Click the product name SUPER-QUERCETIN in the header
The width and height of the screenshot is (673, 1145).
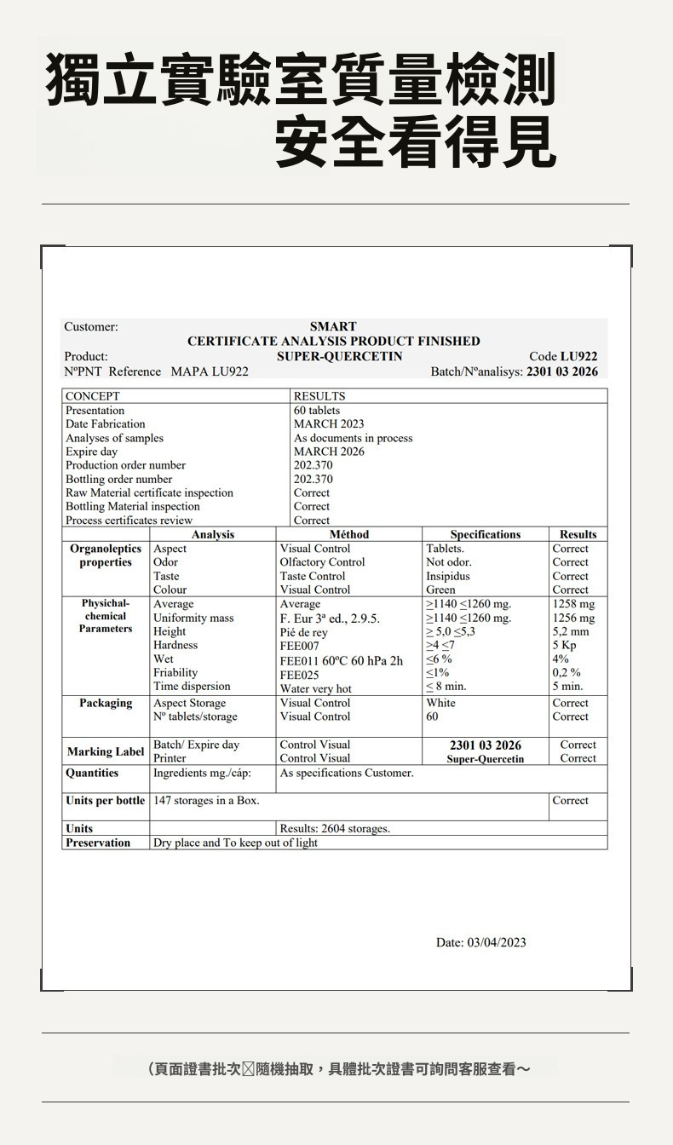(x=339, y=356)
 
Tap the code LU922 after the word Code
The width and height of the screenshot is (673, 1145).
(x=578, y=356)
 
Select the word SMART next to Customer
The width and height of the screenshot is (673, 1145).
(x=333, y=327)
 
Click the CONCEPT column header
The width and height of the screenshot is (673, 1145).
(x=93, y=396)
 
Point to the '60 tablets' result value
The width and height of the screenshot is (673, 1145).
(x=316, y=411)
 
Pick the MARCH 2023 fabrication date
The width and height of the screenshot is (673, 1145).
(x=328, y=424)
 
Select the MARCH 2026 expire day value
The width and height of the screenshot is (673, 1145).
(x=328, y=452)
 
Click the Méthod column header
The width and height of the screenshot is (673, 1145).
(x=349, y=534)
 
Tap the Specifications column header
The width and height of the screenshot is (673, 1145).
(x=485, y=534)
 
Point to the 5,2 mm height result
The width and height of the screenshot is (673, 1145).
(x=571, y=631)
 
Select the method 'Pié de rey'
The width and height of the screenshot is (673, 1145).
(x=303, y=632)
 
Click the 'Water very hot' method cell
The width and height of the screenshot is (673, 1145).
(x=315, y=688)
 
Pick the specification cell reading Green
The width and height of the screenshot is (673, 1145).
(x=440, y=590)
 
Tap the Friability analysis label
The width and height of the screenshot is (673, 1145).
(x=175, y=672)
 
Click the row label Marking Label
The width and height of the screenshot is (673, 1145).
(x=106, y=751)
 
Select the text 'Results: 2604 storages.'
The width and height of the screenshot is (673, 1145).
(x=335, y=828)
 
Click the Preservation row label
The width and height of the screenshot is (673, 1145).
(x=98, y=843)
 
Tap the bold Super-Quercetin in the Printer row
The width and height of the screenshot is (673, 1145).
(x=485, y=758)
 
